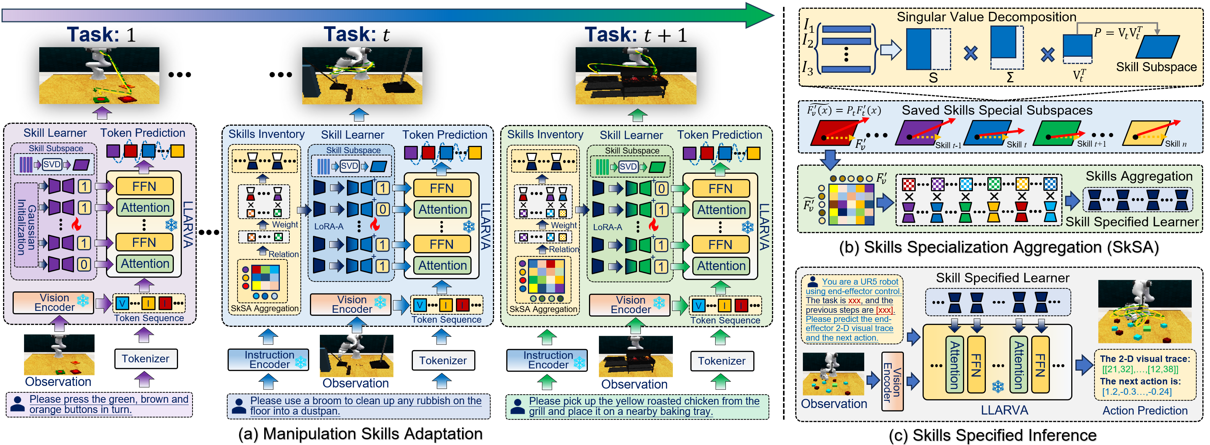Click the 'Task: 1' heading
[x=101, y=35]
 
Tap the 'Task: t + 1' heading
[x=635, y=35]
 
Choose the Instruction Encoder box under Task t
[x=269, y=360]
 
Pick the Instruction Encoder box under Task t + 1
[x=547, y=360]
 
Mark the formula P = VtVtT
[x=1117, y=33]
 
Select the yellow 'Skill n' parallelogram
[x=1145, y=134]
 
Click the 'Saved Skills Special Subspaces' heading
[x=997, y=110]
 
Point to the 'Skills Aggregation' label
[x=1139, y=176]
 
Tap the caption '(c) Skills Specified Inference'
[x=992, y=435]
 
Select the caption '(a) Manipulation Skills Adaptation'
[x=360, y=434]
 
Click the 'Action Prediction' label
[x=1145, y=411]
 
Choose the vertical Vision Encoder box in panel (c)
[x=892, y=381]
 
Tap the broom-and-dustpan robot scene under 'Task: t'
[x=362, y=75]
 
